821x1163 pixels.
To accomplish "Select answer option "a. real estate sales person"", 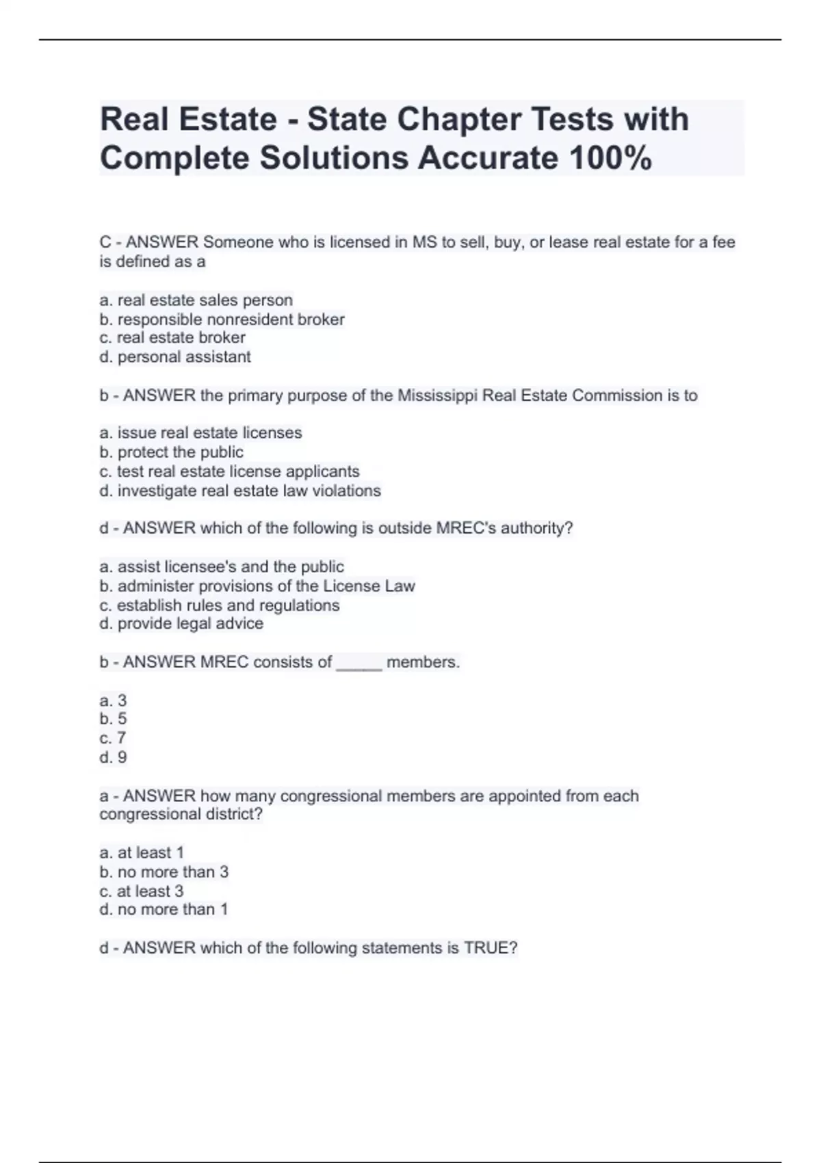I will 196,300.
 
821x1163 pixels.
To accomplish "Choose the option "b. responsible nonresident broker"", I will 222,319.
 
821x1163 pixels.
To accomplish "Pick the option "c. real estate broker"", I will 172,338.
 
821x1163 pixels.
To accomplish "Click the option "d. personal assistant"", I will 175,357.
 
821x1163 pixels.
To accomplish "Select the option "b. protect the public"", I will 172,452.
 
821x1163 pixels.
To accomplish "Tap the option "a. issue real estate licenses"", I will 200,433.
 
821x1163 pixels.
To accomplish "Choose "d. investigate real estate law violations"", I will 240,491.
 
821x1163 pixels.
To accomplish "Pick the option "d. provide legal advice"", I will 181,624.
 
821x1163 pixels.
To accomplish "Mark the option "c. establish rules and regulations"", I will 220,605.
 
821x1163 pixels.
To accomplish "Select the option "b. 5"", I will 114,719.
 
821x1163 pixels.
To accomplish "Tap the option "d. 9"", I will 114,757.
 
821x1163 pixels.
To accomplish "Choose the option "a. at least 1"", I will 142,852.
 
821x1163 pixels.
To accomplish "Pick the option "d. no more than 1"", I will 164,909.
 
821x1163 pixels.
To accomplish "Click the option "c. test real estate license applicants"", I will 229,471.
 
